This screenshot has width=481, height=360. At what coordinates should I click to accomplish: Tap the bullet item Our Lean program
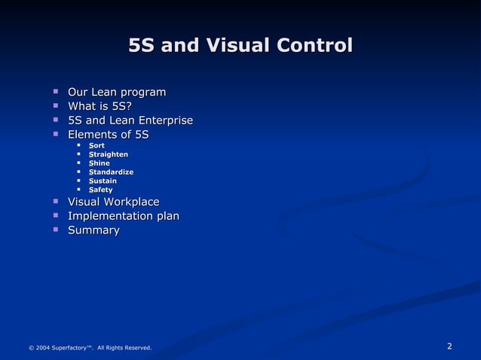(x=117, y=93)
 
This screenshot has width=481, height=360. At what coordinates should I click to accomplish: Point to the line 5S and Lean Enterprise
(x=130, y=121)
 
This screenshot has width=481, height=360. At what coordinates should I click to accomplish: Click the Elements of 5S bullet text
(x=109, y=135)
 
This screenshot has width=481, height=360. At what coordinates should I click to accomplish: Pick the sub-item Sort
(x=97, y=145)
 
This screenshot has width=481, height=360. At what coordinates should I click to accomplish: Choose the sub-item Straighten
(x=108, y=154)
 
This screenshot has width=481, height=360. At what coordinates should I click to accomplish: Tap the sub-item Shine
(x=99, y=163)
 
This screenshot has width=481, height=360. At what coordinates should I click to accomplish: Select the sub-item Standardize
(x=111, y=172)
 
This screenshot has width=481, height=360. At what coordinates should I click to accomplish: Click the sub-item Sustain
(x=103, y=182)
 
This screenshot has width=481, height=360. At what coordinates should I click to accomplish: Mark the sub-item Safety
(x=100, y=190)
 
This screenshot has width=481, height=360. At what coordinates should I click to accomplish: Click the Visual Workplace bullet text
(x=114, y=202)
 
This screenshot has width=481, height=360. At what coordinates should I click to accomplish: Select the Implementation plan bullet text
(x=124, y=216)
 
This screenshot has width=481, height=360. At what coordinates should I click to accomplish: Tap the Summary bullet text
(x=93, y=230)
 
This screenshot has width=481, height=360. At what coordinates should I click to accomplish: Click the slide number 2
(x=449, y=346)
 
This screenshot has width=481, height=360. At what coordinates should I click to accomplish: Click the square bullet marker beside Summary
(x=56, y=230)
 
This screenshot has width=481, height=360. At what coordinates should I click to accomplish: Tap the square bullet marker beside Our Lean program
(x=56, y=92)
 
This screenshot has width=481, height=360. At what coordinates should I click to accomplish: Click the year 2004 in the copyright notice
(x=43, y=348)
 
